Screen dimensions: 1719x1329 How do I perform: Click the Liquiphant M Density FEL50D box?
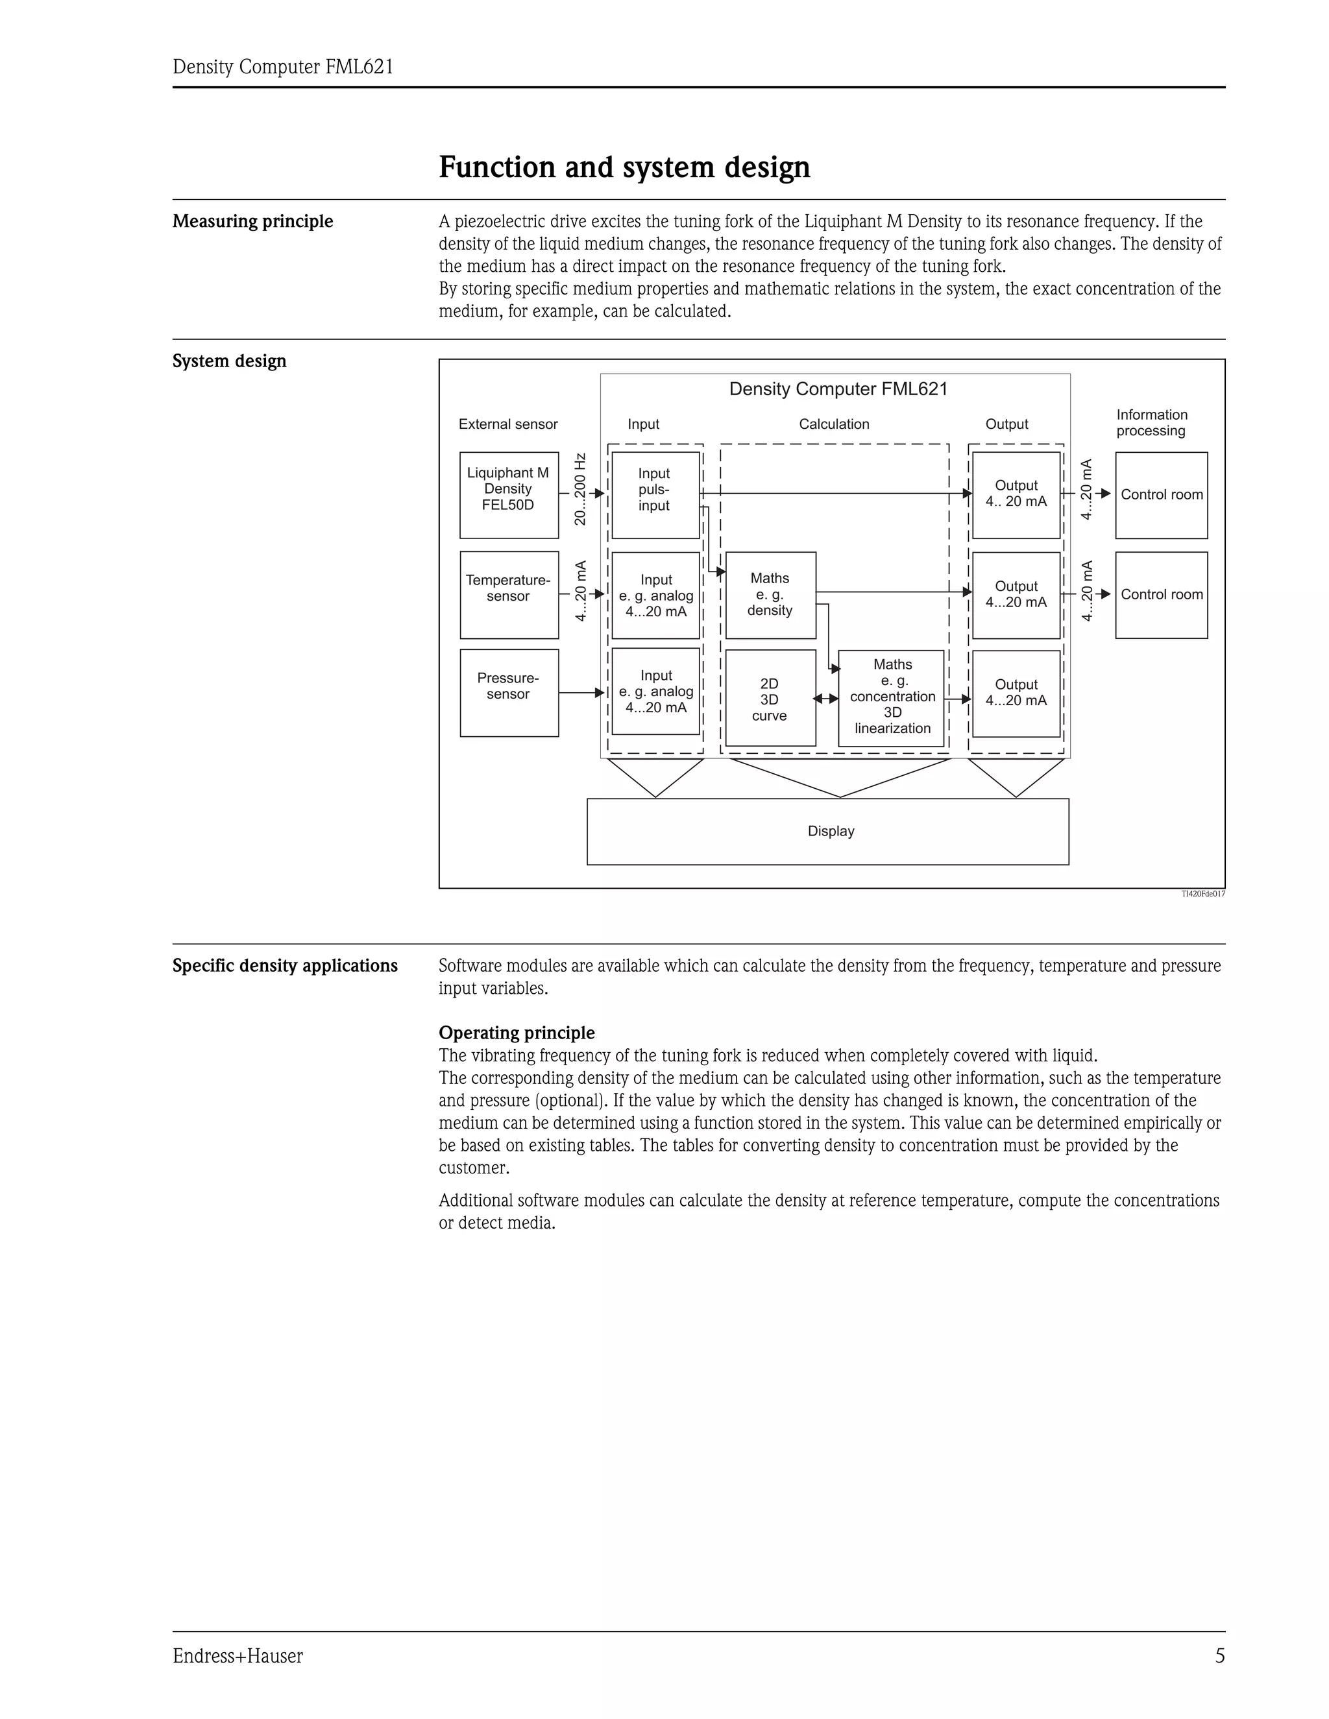[509, 494]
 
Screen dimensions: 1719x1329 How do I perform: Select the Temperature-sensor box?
[509, 594]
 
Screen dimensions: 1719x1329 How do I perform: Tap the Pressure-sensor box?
[509, 693]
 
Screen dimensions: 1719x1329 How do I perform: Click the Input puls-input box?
[655, 494]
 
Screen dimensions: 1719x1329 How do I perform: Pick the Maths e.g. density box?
[770, 594]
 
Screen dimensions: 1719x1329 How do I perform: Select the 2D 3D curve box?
[770, 698]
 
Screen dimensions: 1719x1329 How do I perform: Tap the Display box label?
[831, 831]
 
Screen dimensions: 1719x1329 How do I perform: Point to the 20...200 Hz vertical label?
[580, 489]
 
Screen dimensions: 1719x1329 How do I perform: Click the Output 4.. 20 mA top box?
[1016, 494]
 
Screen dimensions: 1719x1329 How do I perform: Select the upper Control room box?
[1162, 494]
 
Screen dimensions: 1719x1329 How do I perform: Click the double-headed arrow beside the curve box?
[827, 698]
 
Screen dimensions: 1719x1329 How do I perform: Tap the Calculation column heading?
[834, 424]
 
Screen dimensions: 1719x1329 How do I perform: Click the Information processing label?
[1151, 423]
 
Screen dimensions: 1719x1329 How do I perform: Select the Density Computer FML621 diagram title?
[838, 389]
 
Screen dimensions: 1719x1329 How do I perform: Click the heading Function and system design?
[624, 167]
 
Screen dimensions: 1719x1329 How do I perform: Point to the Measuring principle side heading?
[252, 221]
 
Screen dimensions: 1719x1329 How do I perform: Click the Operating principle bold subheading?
[517, 1033]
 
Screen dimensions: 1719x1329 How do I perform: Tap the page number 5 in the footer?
[1219, 1656]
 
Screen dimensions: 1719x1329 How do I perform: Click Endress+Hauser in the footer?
[238, 1656]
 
